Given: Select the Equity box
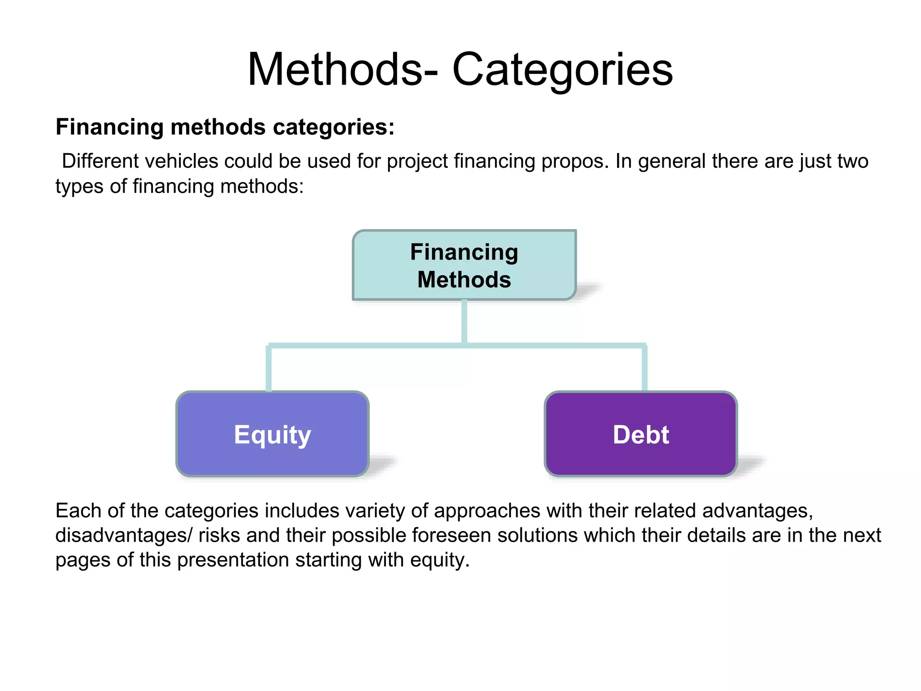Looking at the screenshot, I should tap(273, 434).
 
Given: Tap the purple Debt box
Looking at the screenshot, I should tap(641, 434).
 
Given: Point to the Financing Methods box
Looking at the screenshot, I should tap(464, 265).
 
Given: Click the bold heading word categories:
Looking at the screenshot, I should tap(334, 127).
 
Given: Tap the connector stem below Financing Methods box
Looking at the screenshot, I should tap(464, 322).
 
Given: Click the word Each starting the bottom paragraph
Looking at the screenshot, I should tap(75, 511).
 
